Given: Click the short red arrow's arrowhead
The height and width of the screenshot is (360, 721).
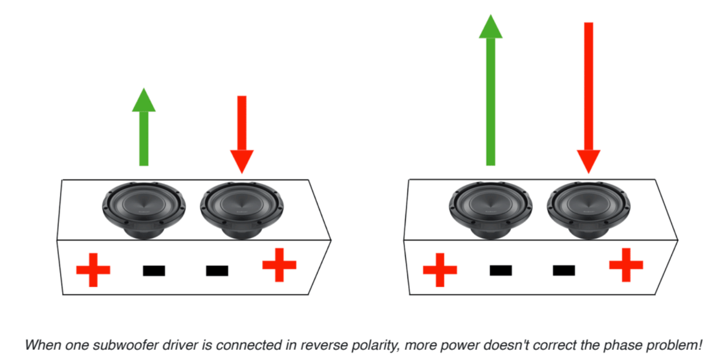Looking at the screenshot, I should click(x=242, y=161).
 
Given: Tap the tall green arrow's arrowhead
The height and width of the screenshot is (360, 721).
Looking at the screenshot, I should click(x=491, y=27).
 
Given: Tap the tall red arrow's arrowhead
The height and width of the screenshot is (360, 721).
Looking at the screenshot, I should click(x=589, y=161).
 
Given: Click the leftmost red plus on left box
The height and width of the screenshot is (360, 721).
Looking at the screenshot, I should click(x=93, y=269).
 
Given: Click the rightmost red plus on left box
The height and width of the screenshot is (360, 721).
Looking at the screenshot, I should click(x=279, y=264).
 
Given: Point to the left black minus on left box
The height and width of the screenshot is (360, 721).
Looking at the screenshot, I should click(x=154, y=271).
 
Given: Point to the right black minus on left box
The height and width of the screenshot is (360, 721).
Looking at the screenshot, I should click(x=217, y=271).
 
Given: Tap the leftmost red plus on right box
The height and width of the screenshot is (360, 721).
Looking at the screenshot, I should click(x=440, y=269).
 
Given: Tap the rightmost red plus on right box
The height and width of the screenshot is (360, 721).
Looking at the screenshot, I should click(x=626, y=264).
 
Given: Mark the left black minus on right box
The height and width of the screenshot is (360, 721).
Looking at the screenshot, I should click(x=501, y=271).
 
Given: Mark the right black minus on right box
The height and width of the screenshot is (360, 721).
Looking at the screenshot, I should click(x=564, y=271).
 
